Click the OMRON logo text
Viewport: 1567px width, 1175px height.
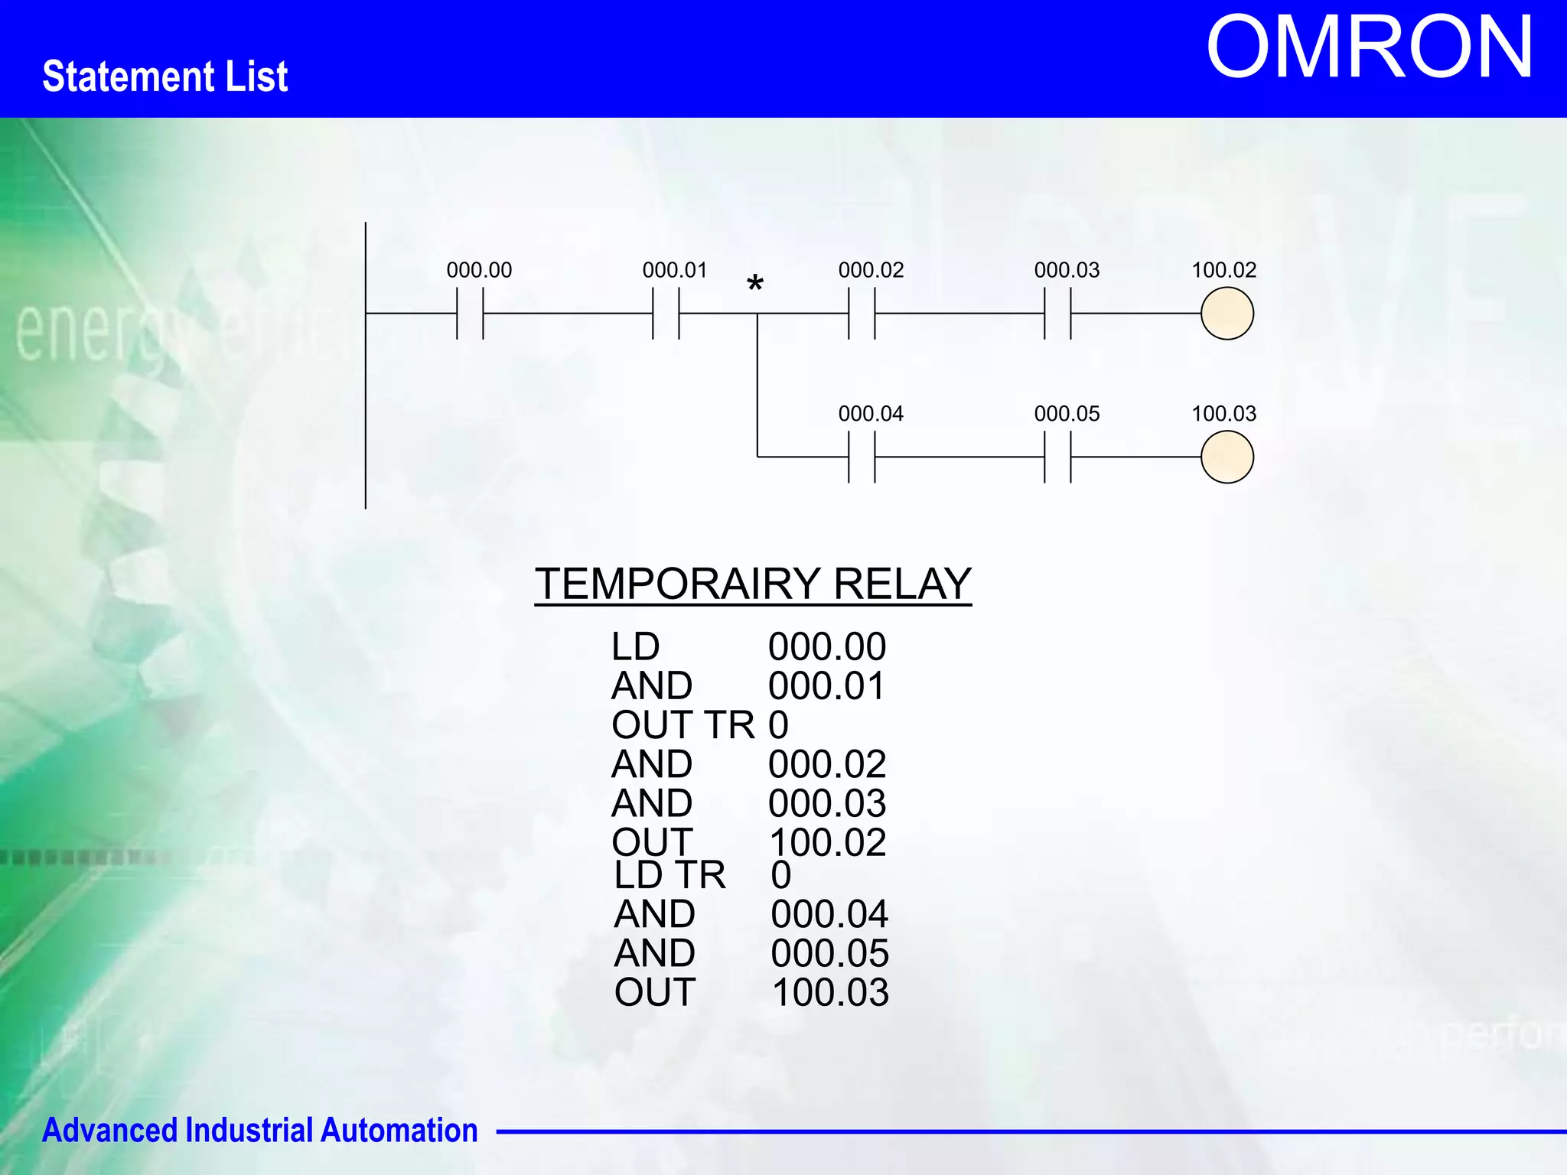point(1369,47)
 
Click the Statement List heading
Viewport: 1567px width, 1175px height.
point(165,76)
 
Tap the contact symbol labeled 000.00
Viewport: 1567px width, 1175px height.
point(470,314)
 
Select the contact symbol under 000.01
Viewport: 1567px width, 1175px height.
point(666,314)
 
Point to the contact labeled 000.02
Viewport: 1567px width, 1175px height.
point(862,314)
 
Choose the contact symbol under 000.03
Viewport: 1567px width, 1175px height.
point(1057,314)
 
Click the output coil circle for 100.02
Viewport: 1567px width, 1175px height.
point(1227,314)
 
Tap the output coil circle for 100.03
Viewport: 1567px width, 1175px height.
point(1227,457)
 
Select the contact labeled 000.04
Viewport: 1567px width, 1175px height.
point(862,457)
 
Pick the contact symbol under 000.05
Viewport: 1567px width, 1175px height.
point(1057,457)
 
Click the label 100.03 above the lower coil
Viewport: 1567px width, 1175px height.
point(1223,414)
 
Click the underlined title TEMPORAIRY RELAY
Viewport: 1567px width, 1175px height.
point(753,584)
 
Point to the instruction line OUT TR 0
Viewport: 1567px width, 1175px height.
point(699,724)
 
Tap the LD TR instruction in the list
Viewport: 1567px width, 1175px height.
point(669,874)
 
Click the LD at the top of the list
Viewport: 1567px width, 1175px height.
point(635,647)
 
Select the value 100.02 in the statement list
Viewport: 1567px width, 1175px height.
point(827,842)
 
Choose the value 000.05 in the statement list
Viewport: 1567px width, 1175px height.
point(829,953)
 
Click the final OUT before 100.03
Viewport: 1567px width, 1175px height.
point(655,992)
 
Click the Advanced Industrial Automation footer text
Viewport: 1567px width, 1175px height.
point(259,1131)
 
